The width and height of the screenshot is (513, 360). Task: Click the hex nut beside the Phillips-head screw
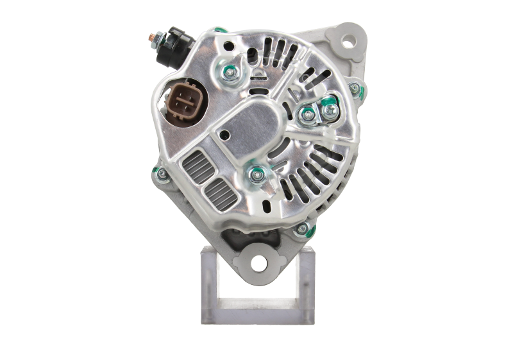pyautogui.click(x=308, y=115)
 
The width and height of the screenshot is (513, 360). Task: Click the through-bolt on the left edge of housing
pyautogui.click(x=158, y=173)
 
